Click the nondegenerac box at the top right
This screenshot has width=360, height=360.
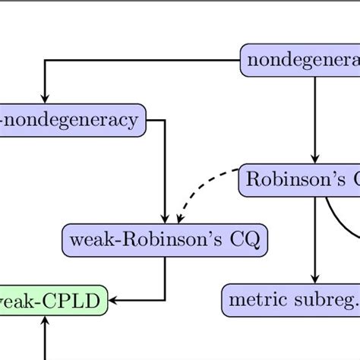[x=300, y=61]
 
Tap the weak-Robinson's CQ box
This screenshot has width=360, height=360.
[x=165, y=240]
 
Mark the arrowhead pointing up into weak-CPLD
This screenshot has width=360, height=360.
[x=45, y=321]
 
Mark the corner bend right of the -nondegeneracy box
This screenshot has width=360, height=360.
[x=166, y=120]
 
